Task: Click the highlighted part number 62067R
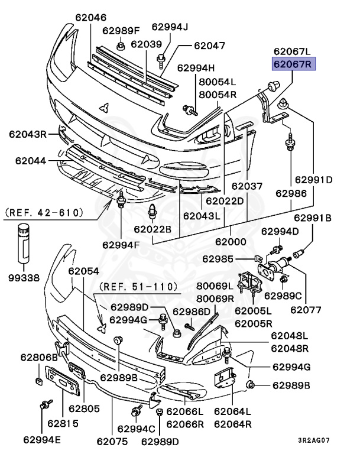pos(294,64)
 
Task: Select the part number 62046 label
pos(90,18)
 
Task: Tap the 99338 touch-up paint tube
pos(23,244)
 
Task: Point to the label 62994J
pos(170,27)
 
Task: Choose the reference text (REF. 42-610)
pos(44,211)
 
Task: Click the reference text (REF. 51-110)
pos(138,287)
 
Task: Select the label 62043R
pos(27,134)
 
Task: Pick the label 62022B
pos(152,229)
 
